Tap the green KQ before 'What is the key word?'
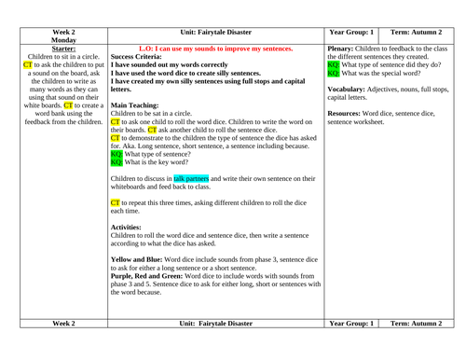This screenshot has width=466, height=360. pyautogui.click(x=116, y=161)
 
